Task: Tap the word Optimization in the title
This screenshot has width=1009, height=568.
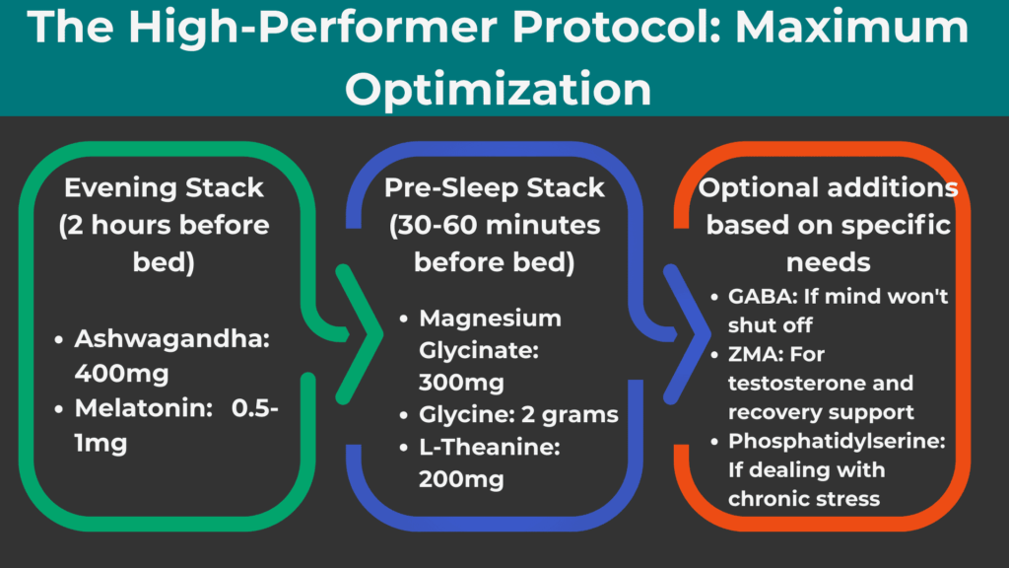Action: pyautogui.click(x=499, y=89)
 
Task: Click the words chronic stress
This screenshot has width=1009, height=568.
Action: pyautogui.click(x=803, y=498)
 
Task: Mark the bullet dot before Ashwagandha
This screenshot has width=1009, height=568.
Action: pyautogui.click(x=59, y=339)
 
